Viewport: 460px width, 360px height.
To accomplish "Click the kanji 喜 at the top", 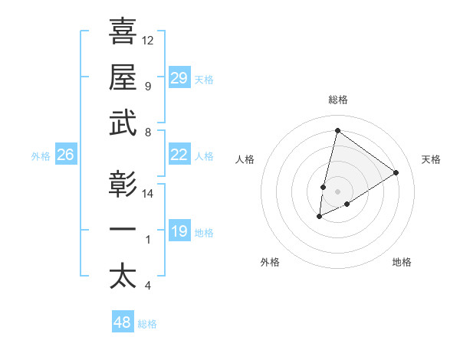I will [123, 31].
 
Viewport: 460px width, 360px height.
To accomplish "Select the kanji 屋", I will [123, 77].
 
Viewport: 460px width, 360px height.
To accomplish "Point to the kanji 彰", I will [123, 184].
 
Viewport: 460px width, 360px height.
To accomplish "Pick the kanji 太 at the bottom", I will [123, 276].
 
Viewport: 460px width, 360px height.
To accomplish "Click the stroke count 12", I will [148, 40].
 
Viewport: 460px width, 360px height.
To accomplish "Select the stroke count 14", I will [148, 194].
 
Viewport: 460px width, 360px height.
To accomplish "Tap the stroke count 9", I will [147, 86].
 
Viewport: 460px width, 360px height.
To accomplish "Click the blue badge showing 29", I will [179, 78].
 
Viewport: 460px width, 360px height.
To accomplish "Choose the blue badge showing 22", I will [179, 155].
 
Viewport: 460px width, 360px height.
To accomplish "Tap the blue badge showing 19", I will [179, 231].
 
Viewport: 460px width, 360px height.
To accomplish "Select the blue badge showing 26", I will [65, 155].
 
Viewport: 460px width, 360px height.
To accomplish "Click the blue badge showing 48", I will [123, 322].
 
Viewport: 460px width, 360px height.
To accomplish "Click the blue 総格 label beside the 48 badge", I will [147, 325].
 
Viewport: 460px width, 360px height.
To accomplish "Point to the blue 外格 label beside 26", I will [41, 156].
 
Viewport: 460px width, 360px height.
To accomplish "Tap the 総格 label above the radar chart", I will [337, 100].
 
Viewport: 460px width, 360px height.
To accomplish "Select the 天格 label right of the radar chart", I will [432, 159].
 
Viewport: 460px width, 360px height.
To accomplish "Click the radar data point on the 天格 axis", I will [396, 172].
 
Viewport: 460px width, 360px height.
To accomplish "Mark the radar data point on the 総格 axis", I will [337, 131].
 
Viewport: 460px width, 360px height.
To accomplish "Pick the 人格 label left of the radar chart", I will [245, 159].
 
